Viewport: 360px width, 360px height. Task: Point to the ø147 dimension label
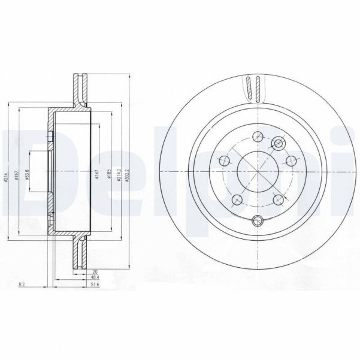(x=97, y=174)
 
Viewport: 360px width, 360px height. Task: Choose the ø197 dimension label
(x=19, y=174)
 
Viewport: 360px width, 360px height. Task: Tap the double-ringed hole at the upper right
(x=278, y=143)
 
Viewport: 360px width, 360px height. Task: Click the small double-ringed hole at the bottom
(x=258, y=219)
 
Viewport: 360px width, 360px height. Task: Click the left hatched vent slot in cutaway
(x=247, y=89)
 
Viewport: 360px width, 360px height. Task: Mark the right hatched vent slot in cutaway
(x=256, y=89)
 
